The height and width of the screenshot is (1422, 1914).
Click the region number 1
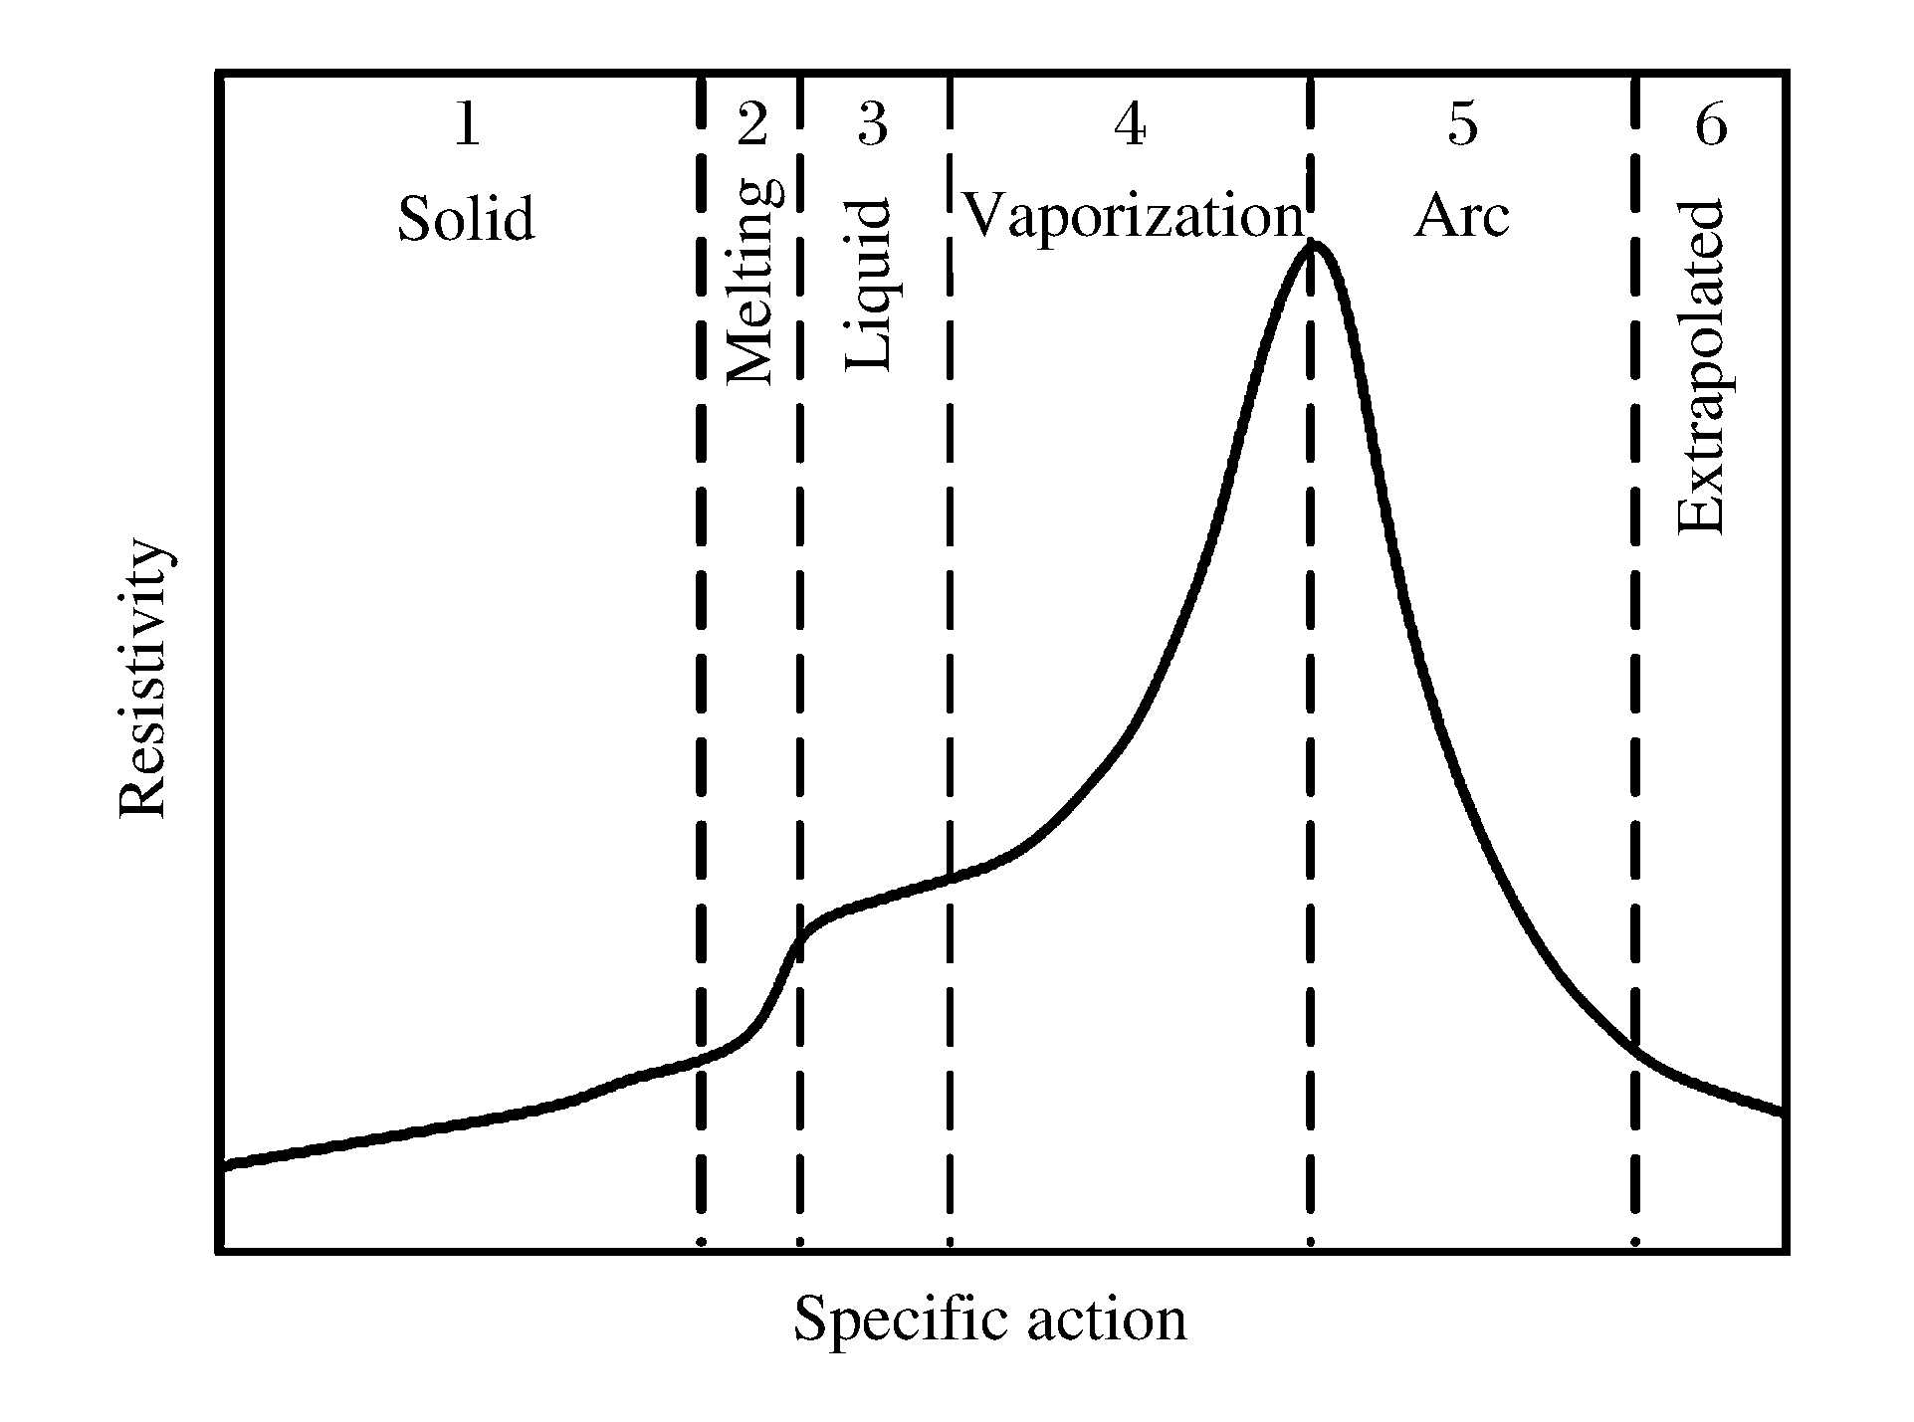(x=467, y=126)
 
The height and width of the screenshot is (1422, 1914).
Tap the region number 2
(x=752, y=126)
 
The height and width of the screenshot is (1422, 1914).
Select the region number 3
(x=872, y=126)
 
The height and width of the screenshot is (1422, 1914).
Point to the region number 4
(x=1130, y=126)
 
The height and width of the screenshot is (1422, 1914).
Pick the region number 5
(x=1462, y=126)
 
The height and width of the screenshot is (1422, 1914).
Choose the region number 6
(x=1711, y=126)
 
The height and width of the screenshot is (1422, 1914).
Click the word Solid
(x=467, y=218)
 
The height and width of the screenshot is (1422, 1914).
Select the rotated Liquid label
(x=868, y=286)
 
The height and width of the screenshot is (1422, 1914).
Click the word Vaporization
(x=1135, y=216)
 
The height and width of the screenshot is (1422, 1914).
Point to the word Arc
(x=1461, y=216)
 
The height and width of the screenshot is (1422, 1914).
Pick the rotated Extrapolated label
(x=1701, y=367)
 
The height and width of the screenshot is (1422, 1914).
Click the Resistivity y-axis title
(x=144, y=680)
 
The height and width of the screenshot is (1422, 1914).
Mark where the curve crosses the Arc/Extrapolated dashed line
(x=1635, y=1050)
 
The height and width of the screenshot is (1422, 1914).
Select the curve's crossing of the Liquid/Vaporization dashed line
(x=950, y=878)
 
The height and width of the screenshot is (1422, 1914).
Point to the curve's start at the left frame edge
(x=223, y=1164)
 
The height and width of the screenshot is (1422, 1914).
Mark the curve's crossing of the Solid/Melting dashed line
(x=701, y=1059)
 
